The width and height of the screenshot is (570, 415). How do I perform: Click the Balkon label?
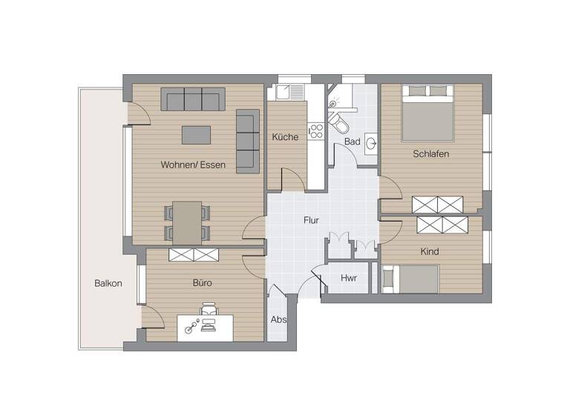coord(108,283)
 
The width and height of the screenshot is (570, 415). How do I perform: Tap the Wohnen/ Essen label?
coord(193,165)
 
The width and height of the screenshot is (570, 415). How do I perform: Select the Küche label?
coord(285,137)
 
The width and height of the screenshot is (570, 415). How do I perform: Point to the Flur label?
coord(312,220)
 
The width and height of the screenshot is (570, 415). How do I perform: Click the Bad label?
coord(353,142)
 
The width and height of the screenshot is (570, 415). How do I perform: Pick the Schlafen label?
coord(431,154)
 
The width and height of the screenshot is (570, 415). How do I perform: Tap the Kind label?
coord(430,251)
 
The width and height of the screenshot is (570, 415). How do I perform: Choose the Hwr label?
coord(348,278)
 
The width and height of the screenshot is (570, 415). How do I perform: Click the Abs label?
coord(278,320)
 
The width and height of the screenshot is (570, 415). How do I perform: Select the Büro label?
coord(203,282)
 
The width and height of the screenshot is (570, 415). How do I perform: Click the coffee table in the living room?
coord(196,135)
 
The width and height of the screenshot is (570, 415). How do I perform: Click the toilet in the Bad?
coord(338,123)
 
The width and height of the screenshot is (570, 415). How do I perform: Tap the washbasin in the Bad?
coord(371,144)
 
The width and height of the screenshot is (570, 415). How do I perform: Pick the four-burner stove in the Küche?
coord(317,132)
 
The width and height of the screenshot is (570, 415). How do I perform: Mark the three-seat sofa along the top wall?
coord(193,99)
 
